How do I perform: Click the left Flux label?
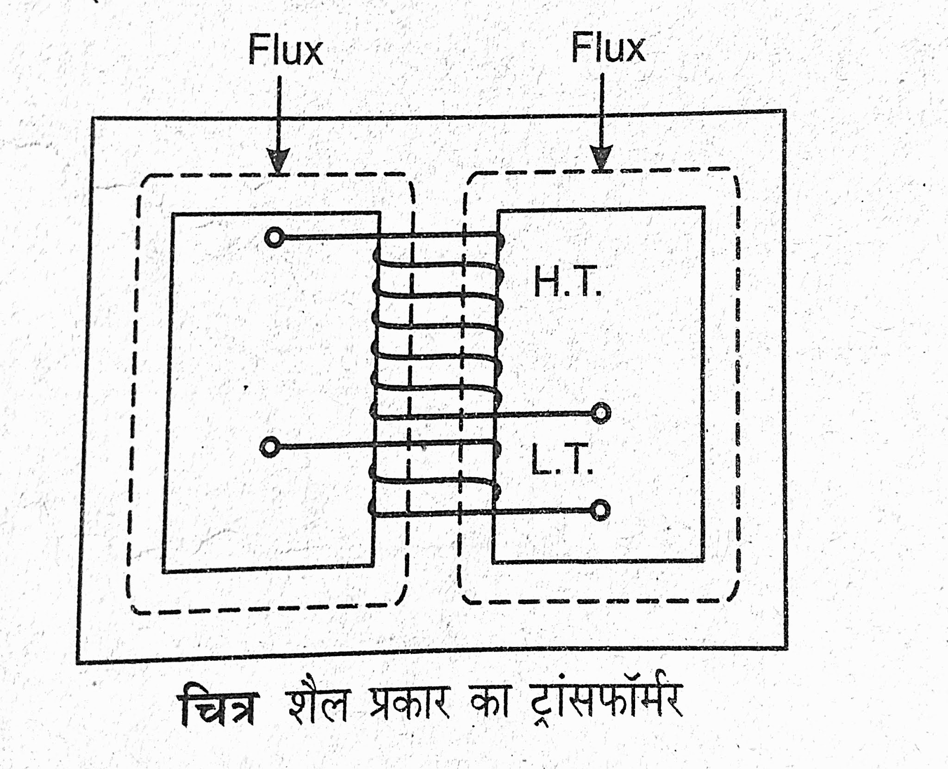point(285,50)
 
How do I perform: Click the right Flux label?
point(608,48)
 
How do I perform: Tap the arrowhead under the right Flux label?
point(601,157)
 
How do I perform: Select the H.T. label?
point(568,282)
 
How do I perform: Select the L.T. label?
point(561,459)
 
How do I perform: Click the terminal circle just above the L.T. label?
point(600,412)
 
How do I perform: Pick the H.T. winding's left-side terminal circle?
point(274,238)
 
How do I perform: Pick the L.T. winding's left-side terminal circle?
point(269,447)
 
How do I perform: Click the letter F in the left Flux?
point(257,50)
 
